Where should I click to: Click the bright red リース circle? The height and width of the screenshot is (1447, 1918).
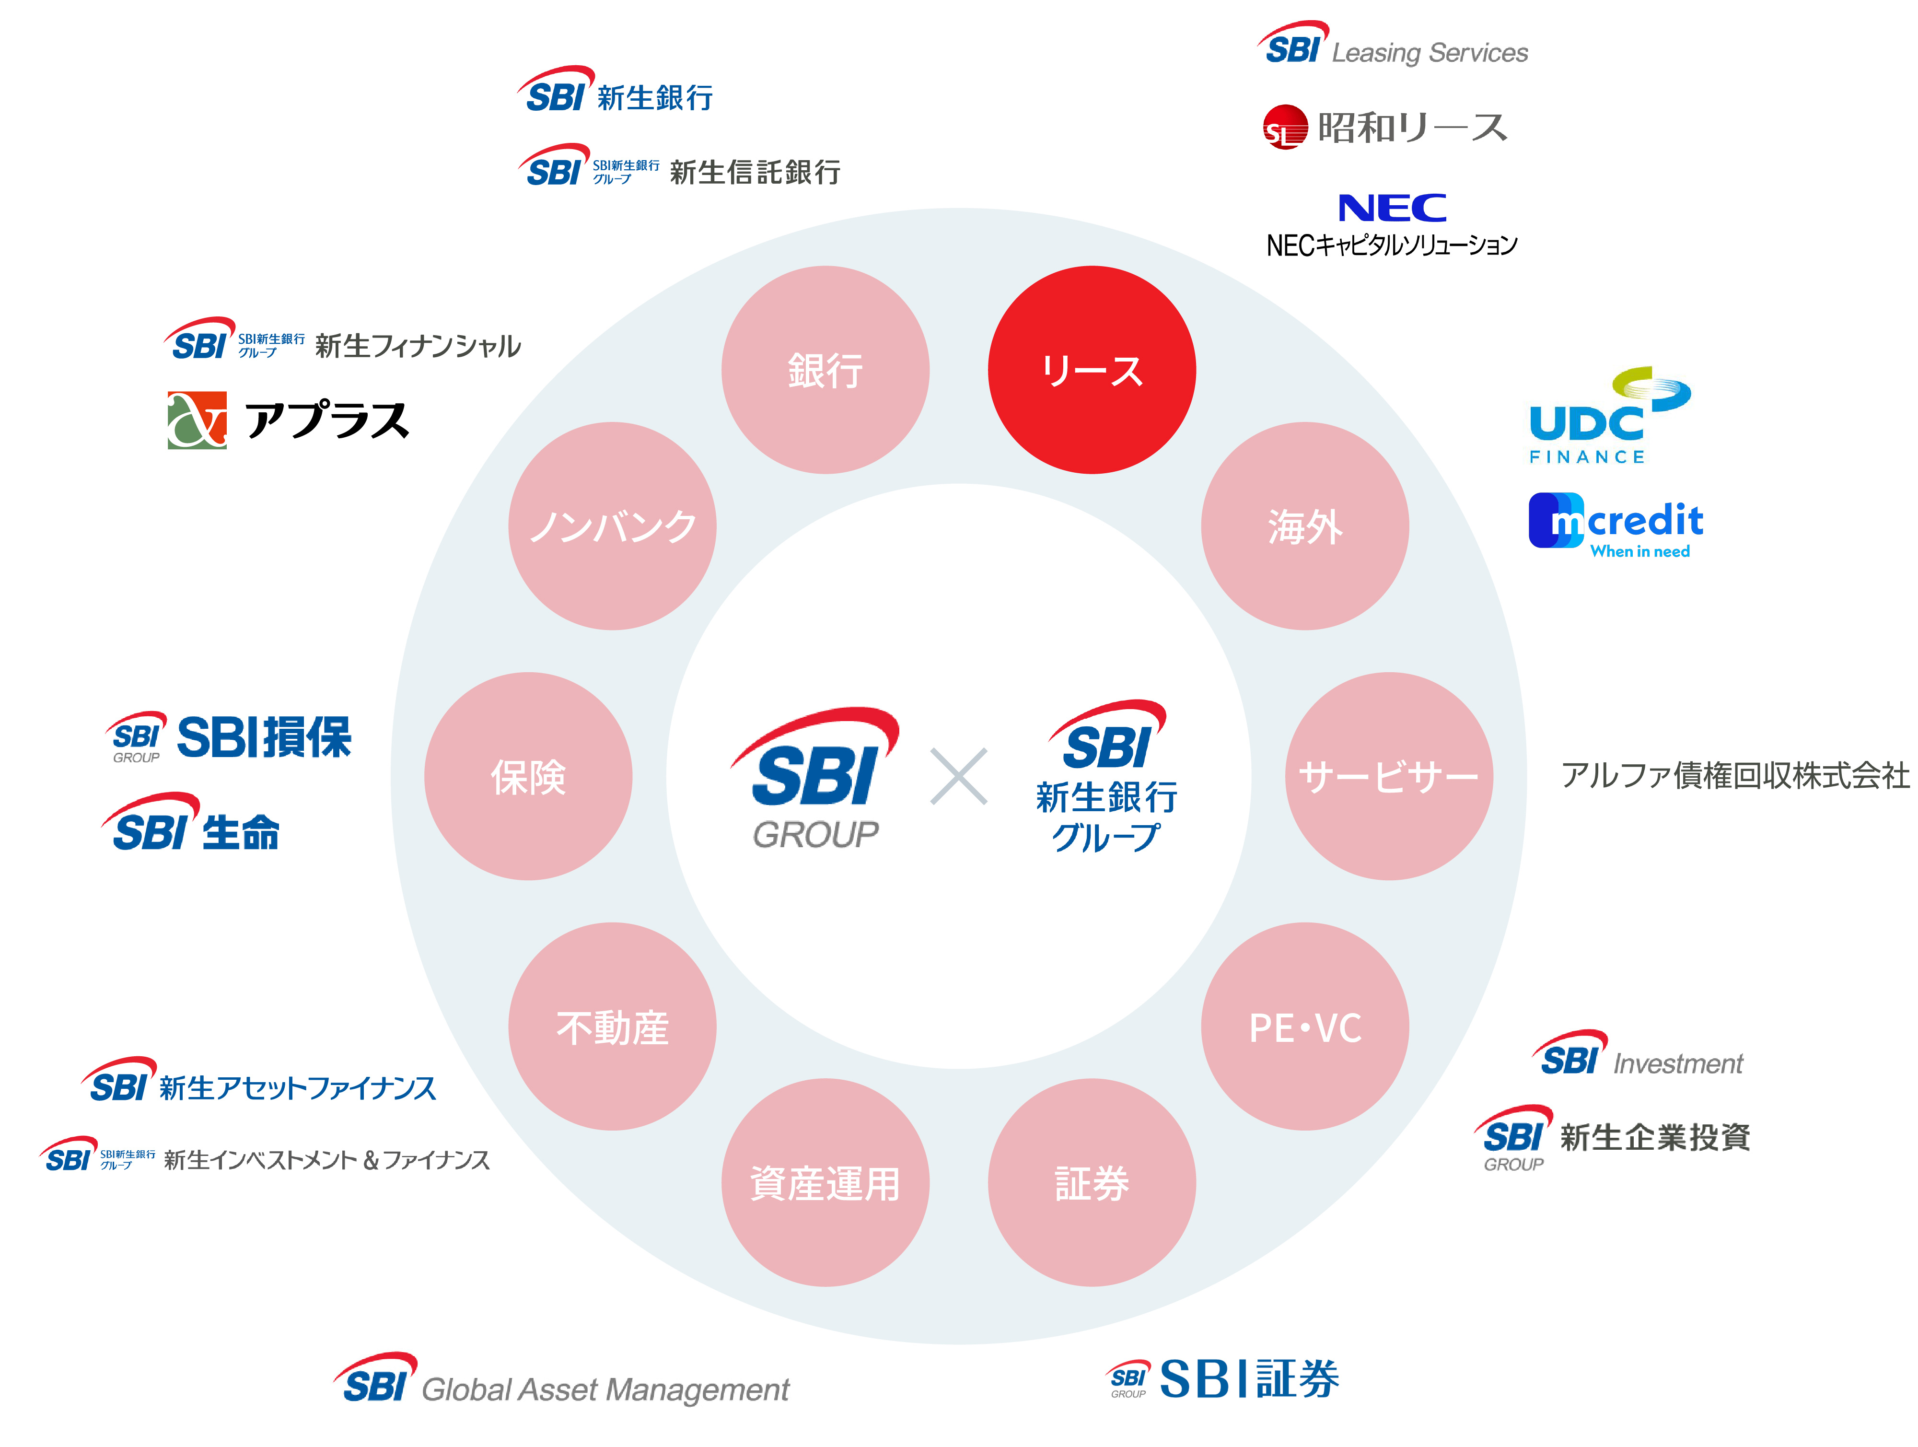point(1092,370)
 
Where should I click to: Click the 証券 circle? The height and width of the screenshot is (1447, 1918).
point(1092,1182)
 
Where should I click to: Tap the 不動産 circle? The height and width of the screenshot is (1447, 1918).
point(612,1027)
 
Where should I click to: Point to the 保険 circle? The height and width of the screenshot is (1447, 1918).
point(528,776)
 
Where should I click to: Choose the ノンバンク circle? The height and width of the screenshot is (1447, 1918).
point(612,526)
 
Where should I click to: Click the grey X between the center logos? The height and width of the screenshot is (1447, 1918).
point(958,776)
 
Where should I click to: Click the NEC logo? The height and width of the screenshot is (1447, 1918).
point(1392,208)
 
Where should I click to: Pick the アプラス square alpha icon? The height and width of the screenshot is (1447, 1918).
point(197,420)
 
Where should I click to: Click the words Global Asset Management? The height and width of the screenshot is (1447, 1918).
point(605,1390)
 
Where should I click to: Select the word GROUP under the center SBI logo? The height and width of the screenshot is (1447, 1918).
point(815,835)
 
